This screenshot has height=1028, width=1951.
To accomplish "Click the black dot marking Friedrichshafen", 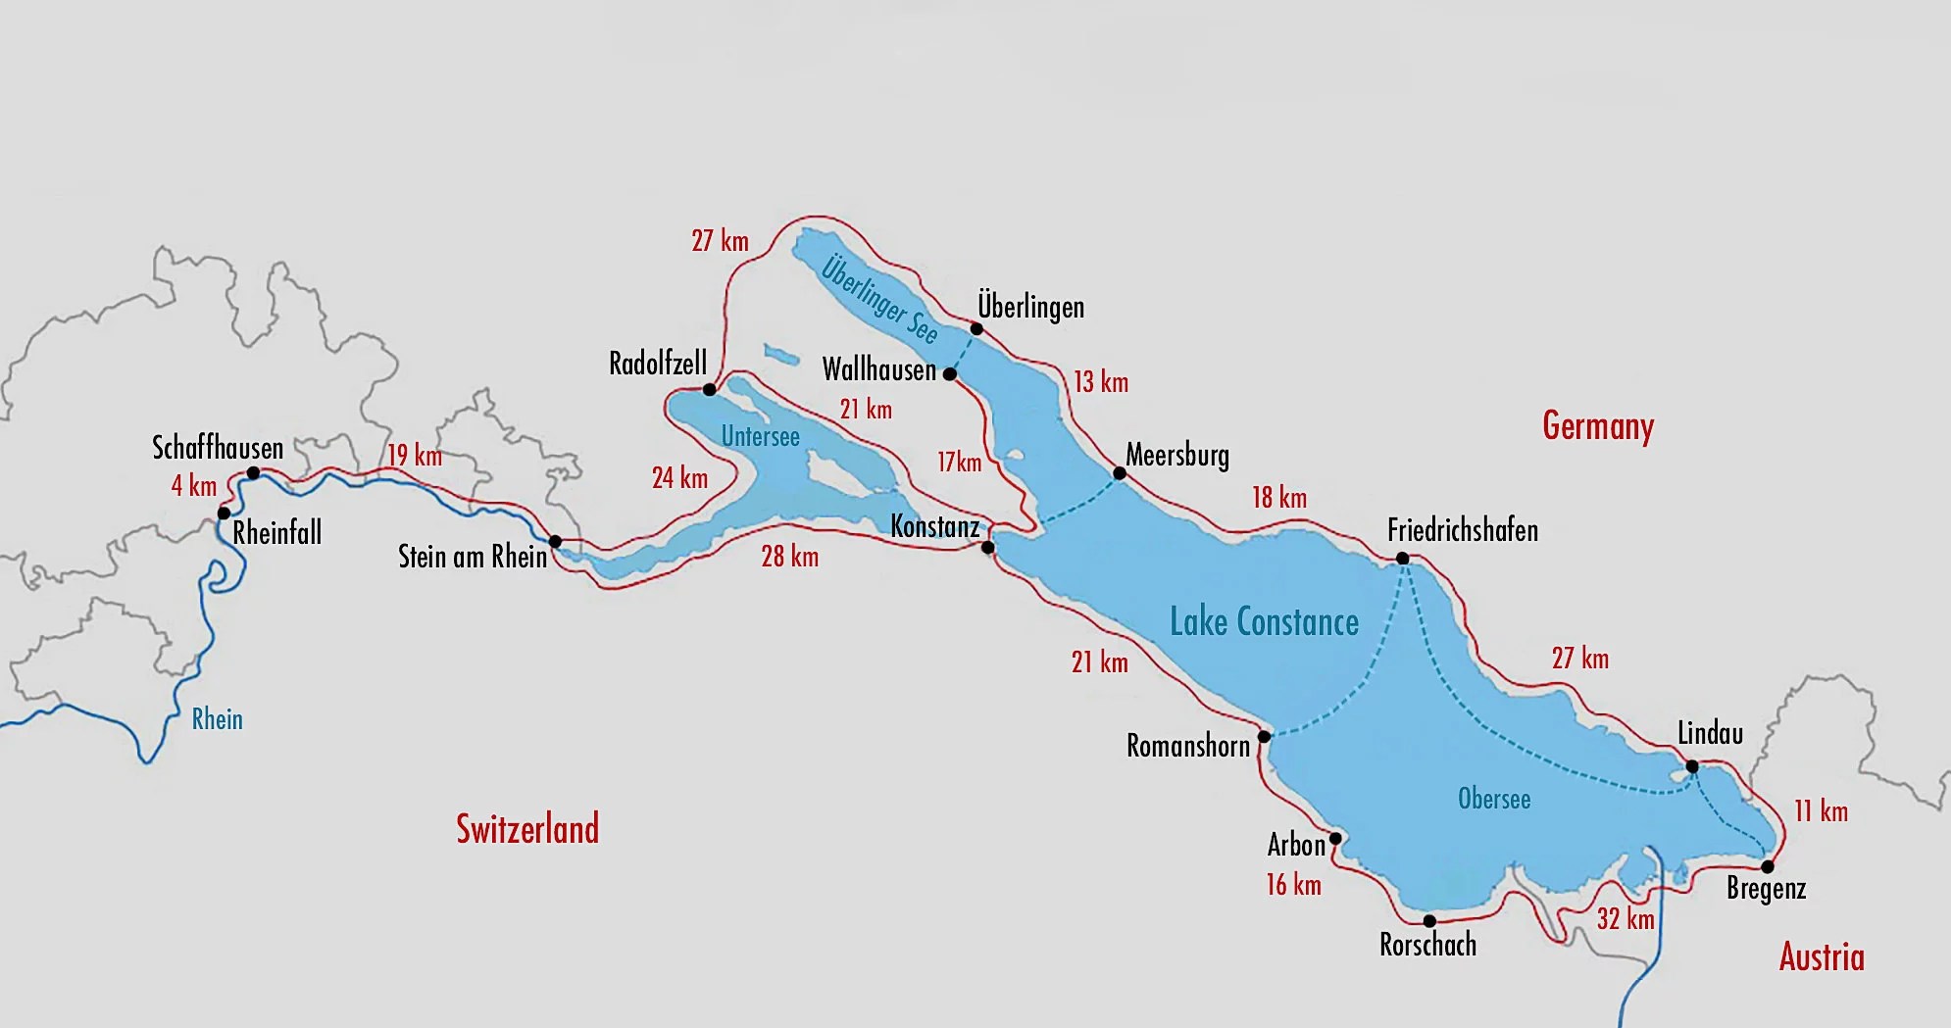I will tap(1402, 559).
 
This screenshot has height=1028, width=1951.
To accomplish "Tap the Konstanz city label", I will tap(934, 527).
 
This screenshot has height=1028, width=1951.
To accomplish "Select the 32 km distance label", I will tap(1626, 919).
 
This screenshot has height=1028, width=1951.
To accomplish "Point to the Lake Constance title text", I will tap(1264, 622).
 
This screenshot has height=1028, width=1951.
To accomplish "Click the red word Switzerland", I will tap(527, 829).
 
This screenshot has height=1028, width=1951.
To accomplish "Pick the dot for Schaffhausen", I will tap(253, 473).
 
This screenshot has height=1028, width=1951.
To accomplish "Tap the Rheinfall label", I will tap(276, 533).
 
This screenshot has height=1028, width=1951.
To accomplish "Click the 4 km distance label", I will tap(193, 485).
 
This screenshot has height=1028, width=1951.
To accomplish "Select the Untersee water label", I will tap(760, 437).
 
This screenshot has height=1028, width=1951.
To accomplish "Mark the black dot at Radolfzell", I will tap(710, 390).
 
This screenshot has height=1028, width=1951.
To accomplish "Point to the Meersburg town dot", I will tap(1120, 473).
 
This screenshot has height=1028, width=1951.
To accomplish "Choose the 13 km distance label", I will tap(1100, 382).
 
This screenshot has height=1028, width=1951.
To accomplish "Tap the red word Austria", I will tap(1822, 956).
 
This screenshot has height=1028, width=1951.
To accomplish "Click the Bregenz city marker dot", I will tap(1768, 866).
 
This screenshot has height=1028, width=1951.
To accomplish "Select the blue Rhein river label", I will tap(217, 719).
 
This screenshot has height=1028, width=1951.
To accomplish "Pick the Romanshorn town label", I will tap(1187, 746).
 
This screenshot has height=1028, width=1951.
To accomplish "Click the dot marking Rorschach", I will tap(1429, 921).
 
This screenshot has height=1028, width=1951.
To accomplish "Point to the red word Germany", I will tap(1598, 426).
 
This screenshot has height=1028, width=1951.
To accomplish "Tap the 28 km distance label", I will tap(789, 557).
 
